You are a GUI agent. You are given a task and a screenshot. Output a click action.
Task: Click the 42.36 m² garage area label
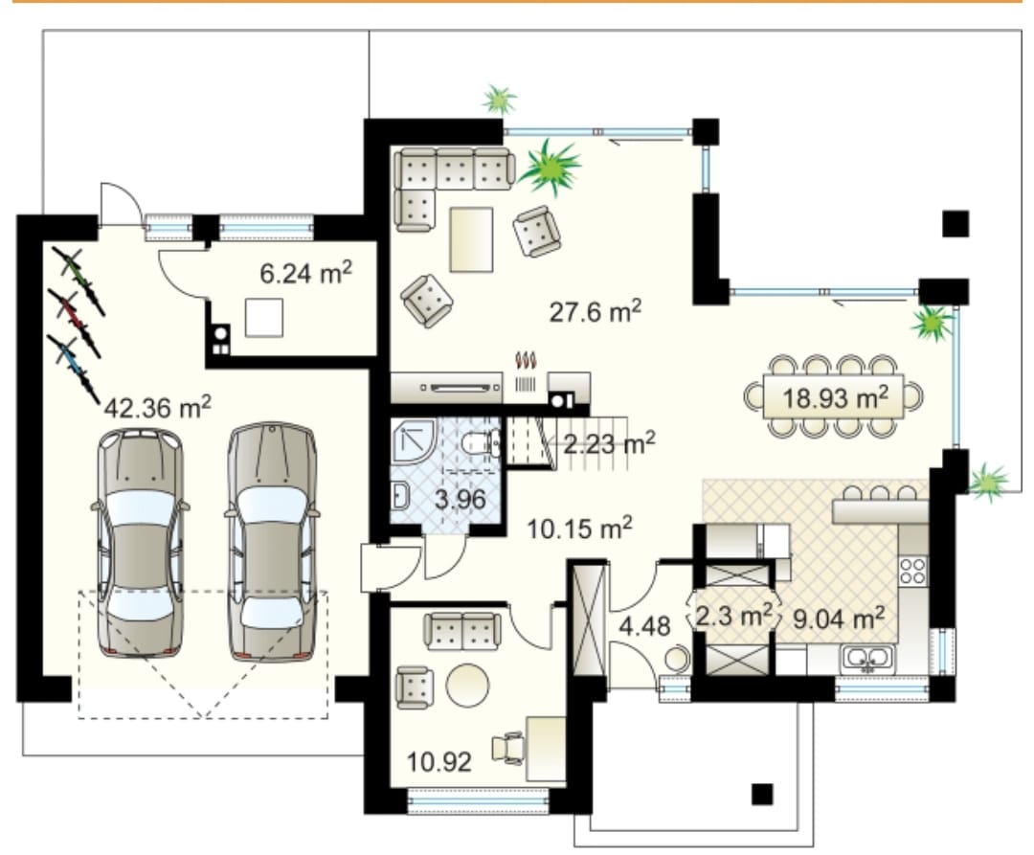point(158,408)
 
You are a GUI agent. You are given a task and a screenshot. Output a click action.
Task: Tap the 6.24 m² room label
point(306,272)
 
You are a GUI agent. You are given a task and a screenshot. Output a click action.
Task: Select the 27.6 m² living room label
point(596,311)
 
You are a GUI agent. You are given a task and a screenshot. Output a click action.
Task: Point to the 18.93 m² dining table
point(834,397)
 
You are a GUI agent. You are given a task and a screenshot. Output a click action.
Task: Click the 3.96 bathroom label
point(461,499)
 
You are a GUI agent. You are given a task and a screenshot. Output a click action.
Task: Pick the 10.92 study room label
point(439,762)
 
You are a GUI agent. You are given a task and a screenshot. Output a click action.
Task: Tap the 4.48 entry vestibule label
point(644,626)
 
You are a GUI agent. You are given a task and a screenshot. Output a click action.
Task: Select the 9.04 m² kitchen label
point(838,619)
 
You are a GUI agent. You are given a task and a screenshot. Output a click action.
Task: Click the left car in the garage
point(140,543)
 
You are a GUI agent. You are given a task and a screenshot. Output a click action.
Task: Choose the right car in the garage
point(272,541)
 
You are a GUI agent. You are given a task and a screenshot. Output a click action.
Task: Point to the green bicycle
point(78,281)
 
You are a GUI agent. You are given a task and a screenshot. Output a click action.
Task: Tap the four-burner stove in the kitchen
point(913,571)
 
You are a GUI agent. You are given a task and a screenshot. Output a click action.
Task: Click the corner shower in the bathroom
point(414,441)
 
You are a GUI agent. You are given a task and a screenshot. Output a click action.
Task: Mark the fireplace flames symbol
point(526,361)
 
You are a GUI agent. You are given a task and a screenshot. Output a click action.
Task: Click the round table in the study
point(467,686)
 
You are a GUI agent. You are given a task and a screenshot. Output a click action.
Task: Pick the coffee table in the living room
point(471,239)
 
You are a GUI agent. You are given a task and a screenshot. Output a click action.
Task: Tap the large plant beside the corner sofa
point(551,167)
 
